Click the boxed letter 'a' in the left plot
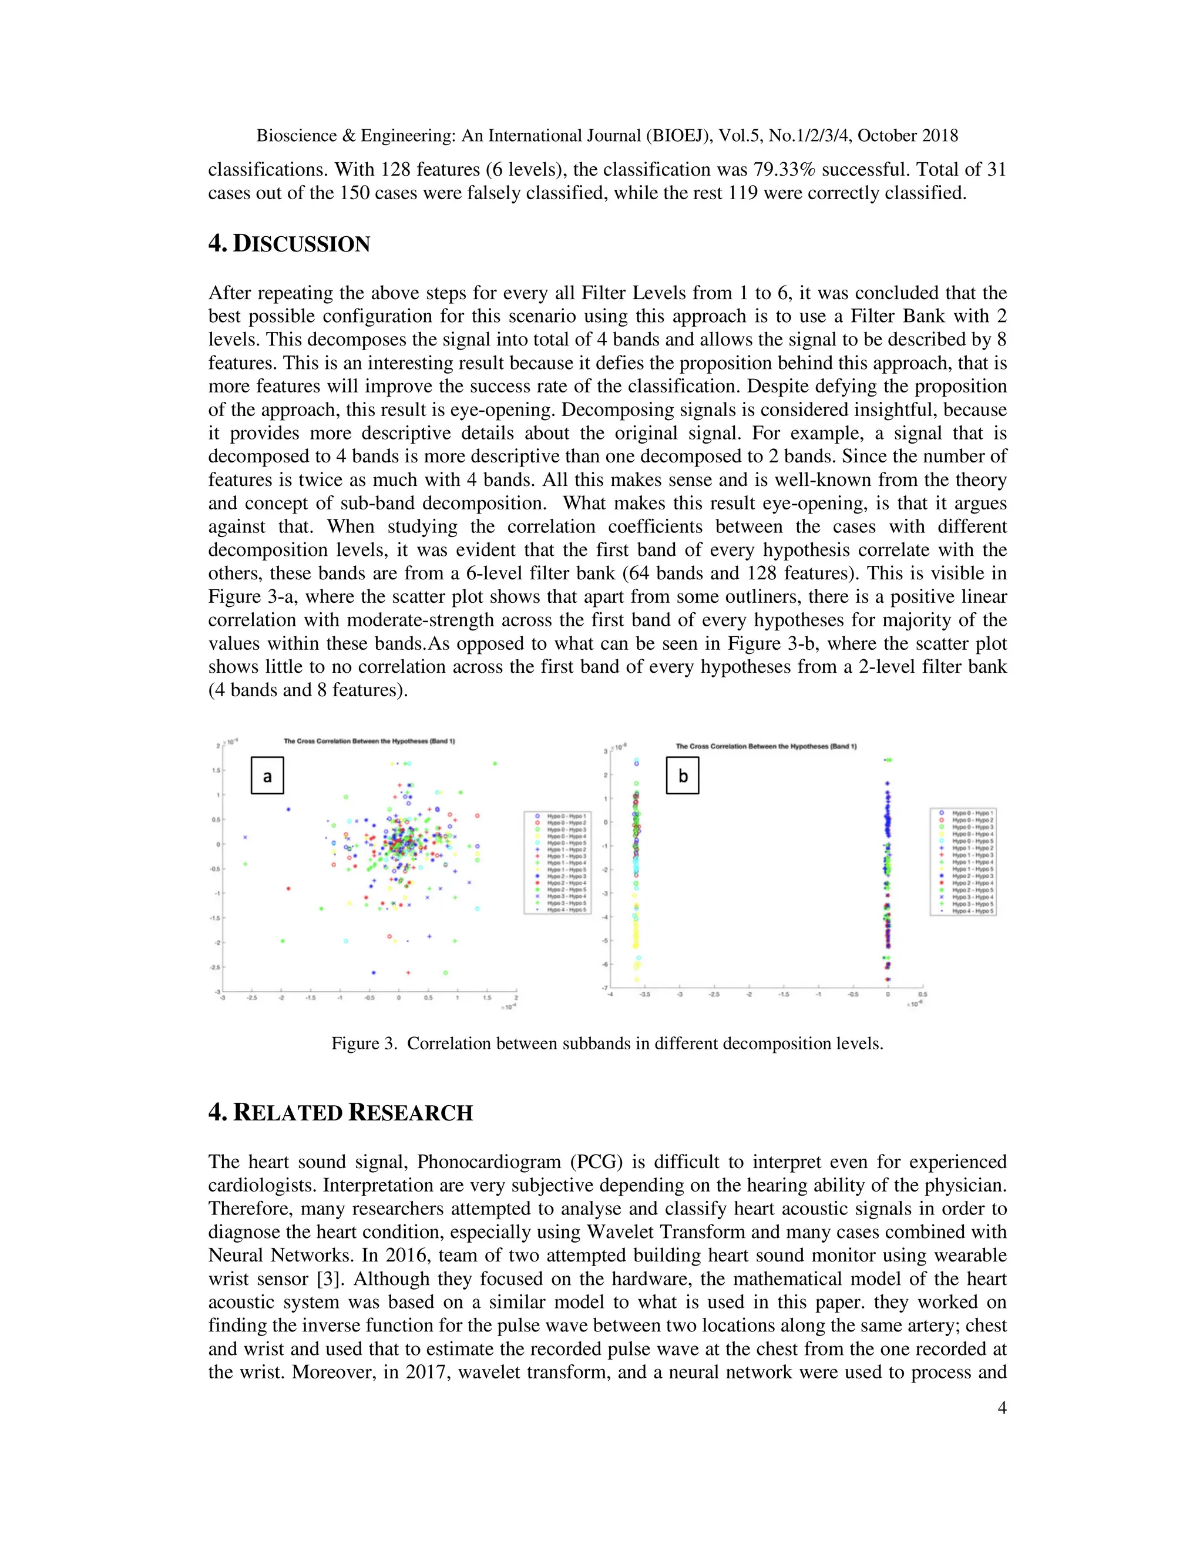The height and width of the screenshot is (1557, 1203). pyautogui.click(x=267, y=776)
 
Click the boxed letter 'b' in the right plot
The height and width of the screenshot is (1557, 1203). pyautogui.click(x=683, y=776)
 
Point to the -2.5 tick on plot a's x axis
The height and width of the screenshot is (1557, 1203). pyautogui.click(x=251, y=998)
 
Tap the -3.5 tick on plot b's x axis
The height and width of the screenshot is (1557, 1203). pyautogui.click(x=644, y=994)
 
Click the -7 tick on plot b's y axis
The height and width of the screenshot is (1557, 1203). pyautogui.click(x=604, y=988)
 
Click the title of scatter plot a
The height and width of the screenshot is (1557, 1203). pyautogui.click(x=369, y=741)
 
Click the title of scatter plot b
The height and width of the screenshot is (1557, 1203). pyautogui.click(x=766, y=746)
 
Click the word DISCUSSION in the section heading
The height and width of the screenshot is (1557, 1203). pyautogui.click(x=301, y=244)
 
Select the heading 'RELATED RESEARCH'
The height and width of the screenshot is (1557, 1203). pyautogui.click(x=353, y=1113)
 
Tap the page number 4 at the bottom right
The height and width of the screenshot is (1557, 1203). pyautogui.click(x=1002, y=1407)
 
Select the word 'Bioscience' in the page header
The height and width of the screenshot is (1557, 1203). pyautogui.click(x=297, y=136)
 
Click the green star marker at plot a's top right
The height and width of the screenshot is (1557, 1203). pyautogui.click(x=495, y=764)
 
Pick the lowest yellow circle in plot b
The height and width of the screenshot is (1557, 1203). pyautogui.click(x=636, y=979)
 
